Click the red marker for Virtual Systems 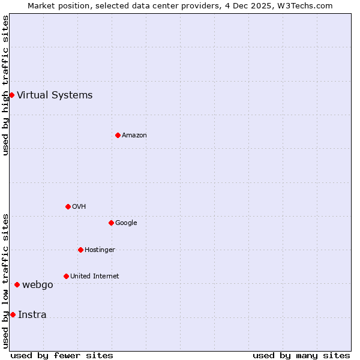click(x=11, y=95)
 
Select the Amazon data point click(x=118, y=135)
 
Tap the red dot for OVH click(x=68, y=206)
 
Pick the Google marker click(x=111, y=223)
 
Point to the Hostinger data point click(x=80, y=250)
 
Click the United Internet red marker click(x=66, y=276)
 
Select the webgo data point click(x=17, y=284)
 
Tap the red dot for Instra click(x=13, y=314)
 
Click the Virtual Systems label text click(x=55, y=95)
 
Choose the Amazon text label click(x=134, y=136)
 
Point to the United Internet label click(x=94, y=277)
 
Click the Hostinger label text click(x=100, y=250)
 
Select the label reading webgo click(x=38, y=285)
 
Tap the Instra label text click(x=32, y=315)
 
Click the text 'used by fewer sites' click(x=62, y=355)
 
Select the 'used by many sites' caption click(x=301, y=355)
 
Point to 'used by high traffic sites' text click(x=6, y=85)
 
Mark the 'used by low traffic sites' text click(x=6, y=281)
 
